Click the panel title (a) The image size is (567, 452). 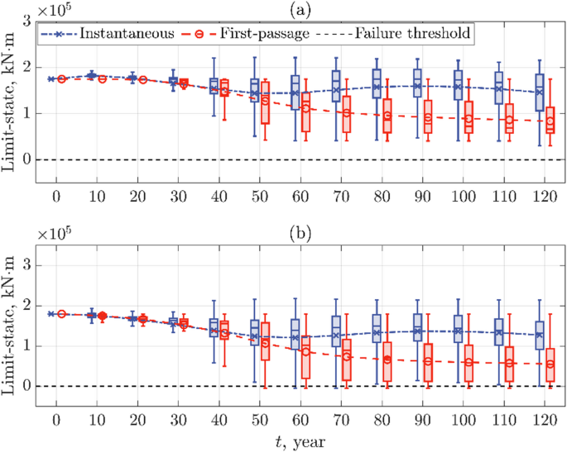(301, 8)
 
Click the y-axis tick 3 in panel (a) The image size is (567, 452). (28, 21)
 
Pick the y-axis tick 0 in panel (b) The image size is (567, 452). (28, 386)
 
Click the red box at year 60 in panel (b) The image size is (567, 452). (305, 357)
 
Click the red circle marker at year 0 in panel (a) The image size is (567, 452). (62, 79)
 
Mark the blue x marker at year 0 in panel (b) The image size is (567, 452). (52, 314)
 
